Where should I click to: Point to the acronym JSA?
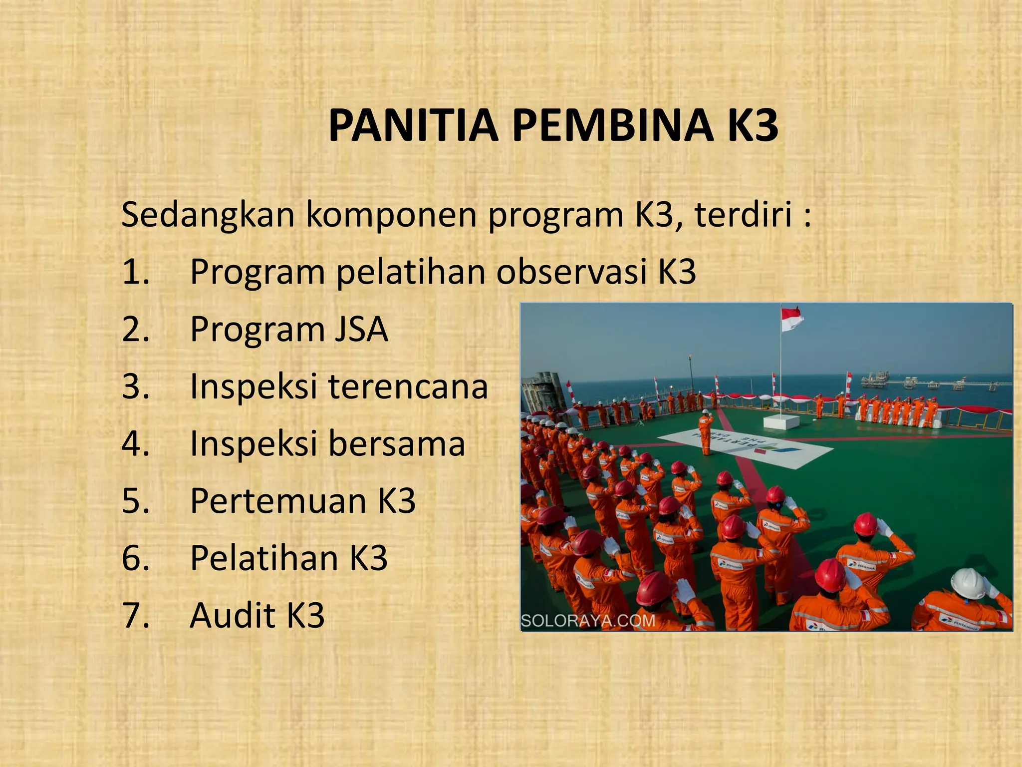click(x=361, y=330)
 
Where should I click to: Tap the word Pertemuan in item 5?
click(x=278, y=501)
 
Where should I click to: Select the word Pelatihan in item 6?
click(x=264, y=558)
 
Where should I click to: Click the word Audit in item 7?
click(x=232, y=615)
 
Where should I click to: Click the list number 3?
click(x=135, y=387)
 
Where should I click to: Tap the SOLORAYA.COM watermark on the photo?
click(x=588, y=621)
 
